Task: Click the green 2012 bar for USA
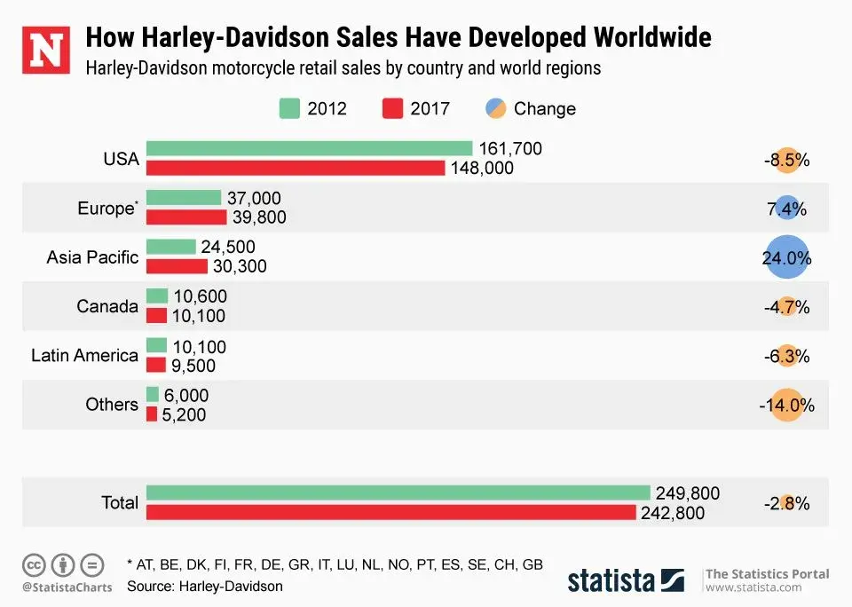tap(309, 148)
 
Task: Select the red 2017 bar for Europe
tap(186, 217)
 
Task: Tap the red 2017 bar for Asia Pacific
tap(177, 266)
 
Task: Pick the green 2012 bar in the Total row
tap(398, 493)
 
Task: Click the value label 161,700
tap(509, 148)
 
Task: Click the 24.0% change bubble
tap(786, 258)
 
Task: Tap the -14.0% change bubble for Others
tap(786, 406)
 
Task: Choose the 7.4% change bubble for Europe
tap(786, 209)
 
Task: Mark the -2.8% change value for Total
tap(786, 504)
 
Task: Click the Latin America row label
tap(84, 356)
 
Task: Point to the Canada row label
tap(107, 307)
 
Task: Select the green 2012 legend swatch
tap(289, 109)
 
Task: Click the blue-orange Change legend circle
tap(495, 109)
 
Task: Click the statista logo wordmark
tap(611, 581)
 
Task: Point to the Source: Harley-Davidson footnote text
tap(205, 586)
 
